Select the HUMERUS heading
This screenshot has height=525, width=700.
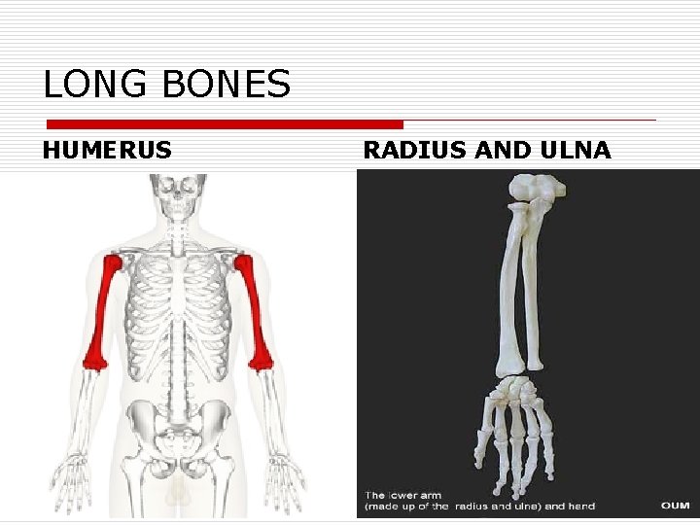[x=107, y=150]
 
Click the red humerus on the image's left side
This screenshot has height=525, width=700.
[x=101, y=311]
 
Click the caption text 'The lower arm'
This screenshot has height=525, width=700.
[x=402, y=495]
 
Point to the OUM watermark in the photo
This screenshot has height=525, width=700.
[x=676, y=506]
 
